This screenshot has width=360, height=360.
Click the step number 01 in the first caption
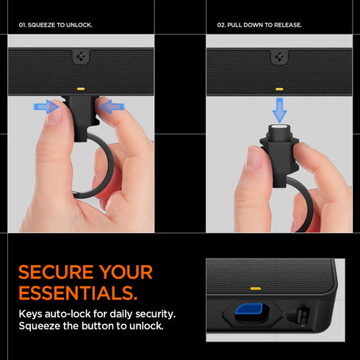[22, 25]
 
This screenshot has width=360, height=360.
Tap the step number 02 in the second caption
[221, 25]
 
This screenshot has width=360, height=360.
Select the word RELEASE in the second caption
[288, 25]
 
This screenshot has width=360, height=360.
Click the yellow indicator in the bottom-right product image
[255, 288]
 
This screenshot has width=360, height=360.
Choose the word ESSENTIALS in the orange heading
[77, 294]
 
